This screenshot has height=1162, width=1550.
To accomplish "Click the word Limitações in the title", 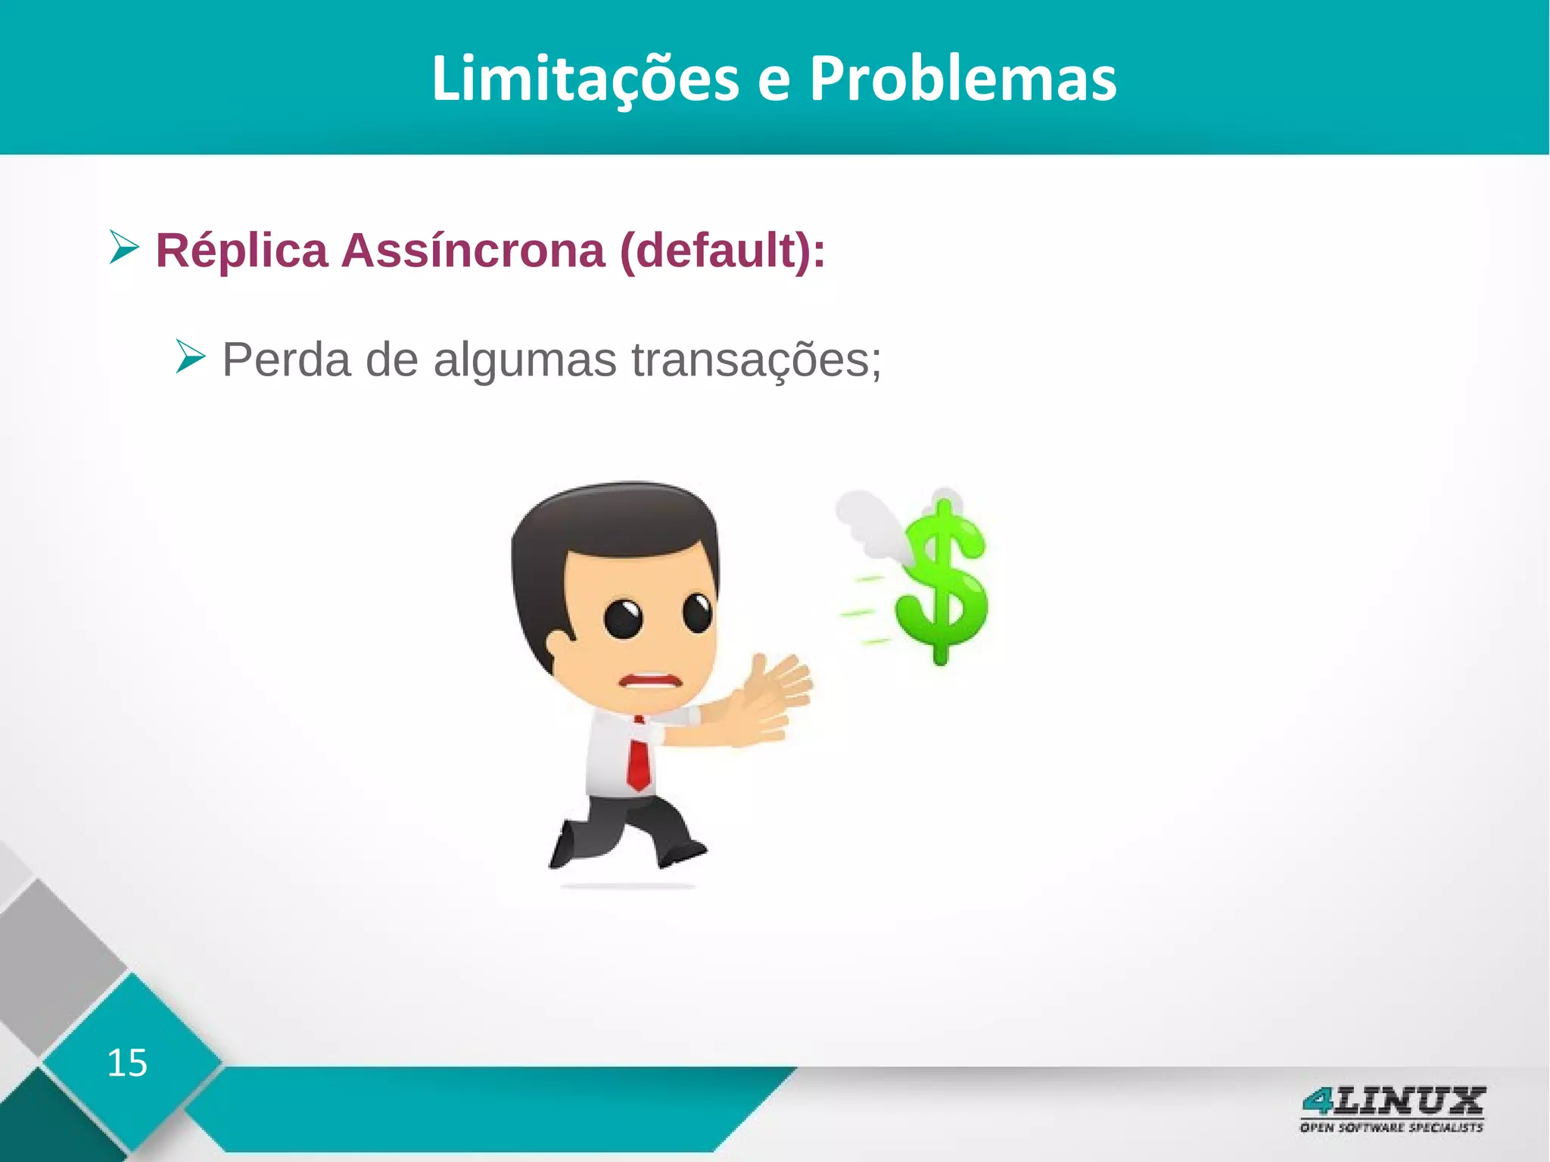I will [x=585, y=79].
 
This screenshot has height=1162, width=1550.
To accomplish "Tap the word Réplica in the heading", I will [x=241, y=251].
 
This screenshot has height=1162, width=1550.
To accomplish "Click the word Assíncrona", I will [x=473, y=251].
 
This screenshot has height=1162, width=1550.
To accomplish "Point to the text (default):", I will [x=722, y=251].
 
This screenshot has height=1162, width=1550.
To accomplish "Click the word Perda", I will [x=286, y=360].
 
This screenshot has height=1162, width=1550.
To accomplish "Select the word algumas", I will [x=524, y=361].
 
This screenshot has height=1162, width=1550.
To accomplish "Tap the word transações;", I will [x=756, y=361].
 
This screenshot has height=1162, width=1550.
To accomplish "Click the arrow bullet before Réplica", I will [x=124, y=248].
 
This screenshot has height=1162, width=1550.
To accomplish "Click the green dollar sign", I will [x=942, y=583].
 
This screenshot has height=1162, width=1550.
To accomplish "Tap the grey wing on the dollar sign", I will [x=870, y=522].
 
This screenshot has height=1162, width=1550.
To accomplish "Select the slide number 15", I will [x=127, y=1063].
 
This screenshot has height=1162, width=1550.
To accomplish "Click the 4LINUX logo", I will [x=1392, y=1101].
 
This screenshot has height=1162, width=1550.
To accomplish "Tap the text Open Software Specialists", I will [x=1391, y=1128].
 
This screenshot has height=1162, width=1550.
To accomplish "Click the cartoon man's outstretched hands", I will [x=772, y=700].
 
